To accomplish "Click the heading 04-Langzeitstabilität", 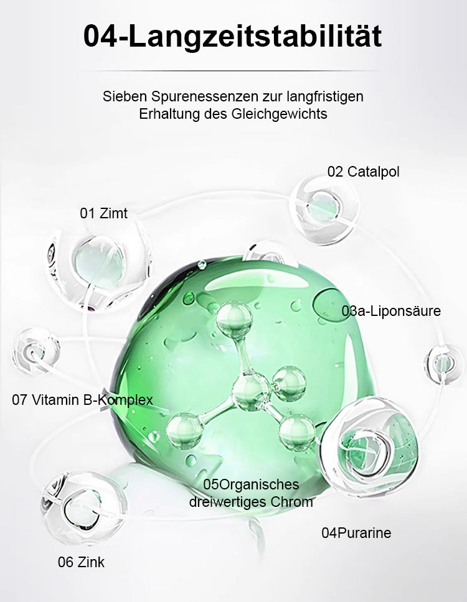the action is click(232, 37).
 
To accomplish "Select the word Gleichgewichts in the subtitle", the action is click(280, 114).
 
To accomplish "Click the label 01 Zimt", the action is click(104, 213).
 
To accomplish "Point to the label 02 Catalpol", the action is click(363, 172).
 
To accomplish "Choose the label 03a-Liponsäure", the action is click(391, 311).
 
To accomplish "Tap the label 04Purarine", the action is click(356, 533).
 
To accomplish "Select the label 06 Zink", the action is click(81, 562).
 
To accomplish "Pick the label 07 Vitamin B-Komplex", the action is click(82, 400).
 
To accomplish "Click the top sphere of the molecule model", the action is click(234, 320).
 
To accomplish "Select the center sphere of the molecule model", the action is click(251, 392).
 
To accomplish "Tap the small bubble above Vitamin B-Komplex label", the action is click(35, 351).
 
